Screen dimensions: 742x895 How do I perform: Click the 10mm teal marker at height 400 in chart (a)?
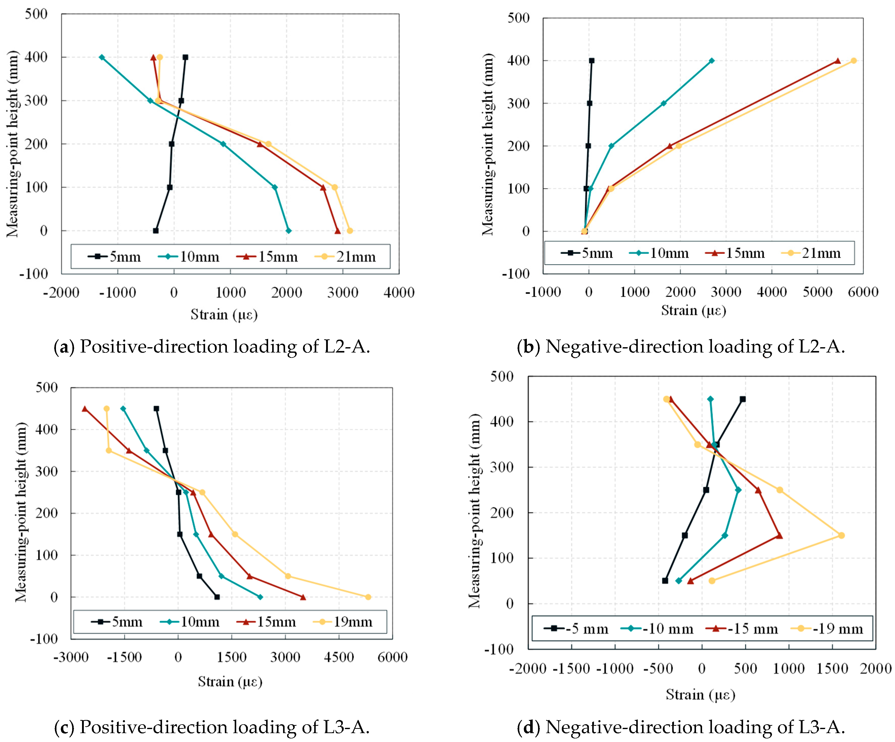point(102,57)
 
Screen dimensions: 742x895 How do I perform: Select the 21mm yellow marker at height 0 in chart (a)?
point(350,230)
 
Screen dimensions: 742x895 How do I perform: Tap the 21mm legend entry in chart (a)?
point(345,257)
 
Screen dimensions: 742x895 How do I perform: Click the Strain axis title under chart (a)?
point(224,315)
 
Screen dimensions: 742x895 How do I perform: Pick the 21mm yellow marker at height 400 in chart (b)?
point(854,61)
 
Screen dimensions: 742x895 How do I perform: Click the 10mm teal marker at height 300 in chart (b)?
point(664,103)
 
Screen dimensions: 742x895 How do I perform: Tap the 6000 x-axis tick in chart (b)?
point(863,292)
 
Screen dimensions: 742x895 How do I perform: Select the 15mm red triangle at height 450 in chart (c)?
point(84,409)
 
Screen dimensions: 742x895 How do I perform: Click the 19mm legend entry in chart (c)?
point(343,622)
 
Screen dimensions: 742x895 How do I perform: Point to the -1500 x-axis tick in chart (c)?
point(125,657)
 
